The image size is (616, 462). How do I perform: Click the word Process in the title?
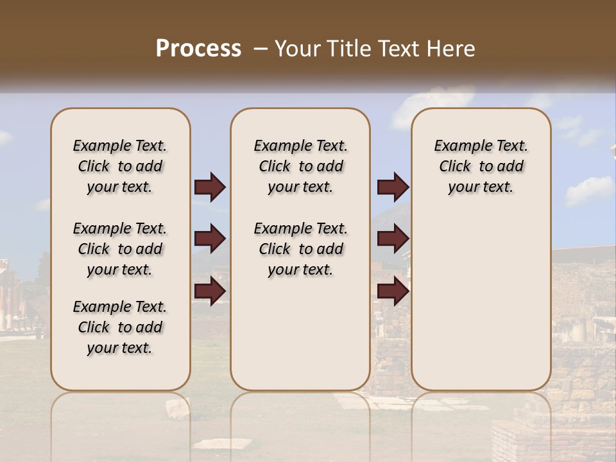point(198,48)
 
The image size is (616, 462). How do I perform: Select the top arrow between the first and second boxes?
point(210,187)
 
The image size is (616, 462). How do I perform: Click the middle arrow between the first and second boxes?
point(210,239)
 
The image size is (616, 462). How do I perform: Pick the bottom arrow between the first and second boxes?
point(210,291)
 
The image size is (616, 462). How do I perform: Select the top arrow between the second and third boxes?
point(393,187)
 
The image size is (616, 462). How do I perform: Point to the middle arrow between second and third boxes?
point(393,239)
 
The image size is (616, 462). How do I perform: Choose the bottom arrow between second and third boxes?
point(393,291)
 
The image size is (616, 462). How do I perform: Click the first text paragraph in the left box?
point(120,166)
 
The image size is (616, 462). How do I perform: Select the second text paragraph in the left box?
point(120,249)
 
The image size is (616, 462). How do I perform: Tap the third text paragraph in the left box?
point(120,327)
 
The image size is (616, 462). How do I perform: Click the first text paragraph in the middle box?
point(300,166)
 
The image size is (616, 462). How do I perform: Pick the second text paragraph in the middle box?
point(300,249)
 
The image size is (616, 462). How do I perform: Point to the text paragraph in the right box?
point(481,166)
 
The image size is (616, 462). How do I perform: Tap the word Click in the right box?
point(455,167)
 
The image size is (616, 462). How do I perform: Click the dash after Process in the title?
point(261,48)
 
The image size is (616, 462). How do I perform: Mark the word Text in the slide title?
point(399,48)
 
